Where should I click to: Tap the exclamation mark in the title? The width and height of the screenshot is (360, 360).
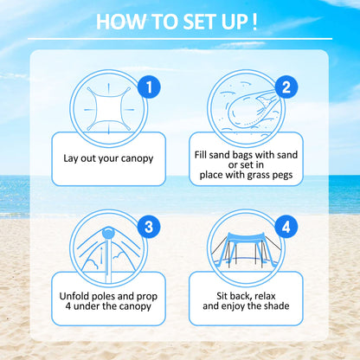tap(254, 22)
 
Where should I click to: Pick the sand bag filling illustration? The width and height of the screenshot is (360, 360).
tap(252, 106)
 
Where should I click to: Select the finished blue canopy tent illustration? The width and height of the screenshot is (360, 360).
tap(250, 245)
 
